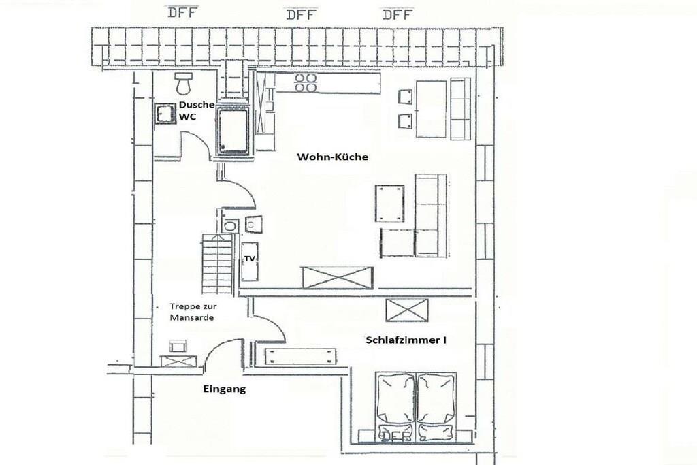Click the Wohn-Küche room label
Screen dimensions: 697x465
[332, 157]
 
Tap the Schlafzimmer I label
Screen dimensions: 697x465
[406, 340]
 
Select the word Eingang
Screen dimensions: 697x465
[224, 389]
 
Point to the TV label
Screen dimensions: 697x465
[249, 258]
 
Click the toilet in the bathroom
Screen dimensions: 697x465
[183, 84]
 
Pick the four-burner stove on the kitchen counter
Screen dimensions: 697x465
[306, 83]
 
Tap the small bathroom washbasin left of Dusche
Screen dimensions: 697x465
[165, 114]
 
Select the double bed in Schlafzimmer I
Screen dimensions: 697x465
[416, 406]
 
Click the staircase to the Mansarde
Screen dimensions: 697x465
[217, 263]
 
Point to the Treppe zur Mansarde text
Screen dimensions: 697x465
[193, 312]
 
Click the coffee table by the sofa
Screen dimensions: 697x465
[390, 204]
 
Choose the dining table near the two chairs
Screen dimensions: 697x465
[431, 109]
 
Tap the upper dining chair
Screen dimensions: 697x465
[405, 97]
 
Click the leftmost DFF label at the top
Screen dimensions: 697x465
[182, 12]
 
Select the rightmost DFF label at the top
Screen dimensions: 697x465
[398, 15]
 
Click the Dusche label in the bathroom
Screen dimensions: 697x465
[197, 105]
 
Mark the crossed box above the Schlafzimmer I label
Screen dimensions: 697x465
[407, 310]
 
